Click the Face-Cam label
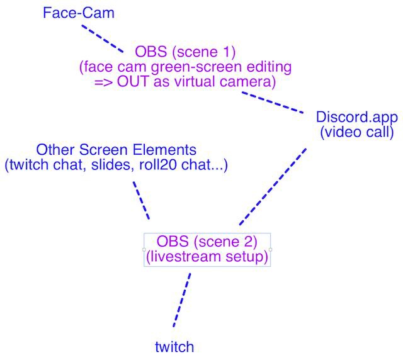pos(79,13)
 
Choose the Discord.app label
pos(356,118)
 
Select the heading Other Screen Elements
pos(116,151)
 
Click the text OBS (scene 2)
pos(207,242)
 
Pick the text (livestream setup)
pos(207,256)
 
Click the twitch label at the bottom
pos(174,346)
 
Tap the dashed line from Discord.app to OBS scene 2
pos(271,187)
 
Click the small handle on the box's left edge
pos(144,250)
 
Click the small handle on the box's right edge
pos(271,250)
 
